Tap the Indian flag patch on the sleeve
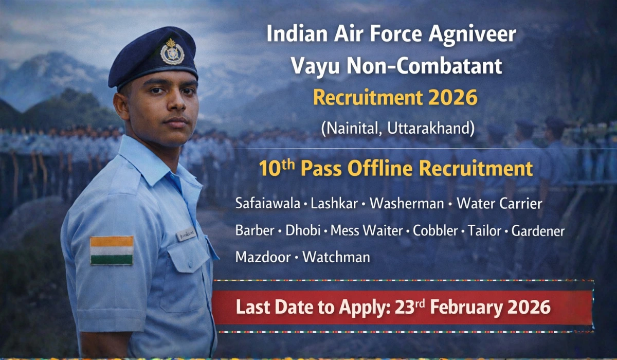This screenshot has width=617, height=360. (x=112, y=250)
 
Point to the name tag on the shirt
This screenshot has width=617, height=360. (x=186, y=235)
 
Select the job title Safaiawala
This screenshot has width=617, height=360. (x=267, y=204)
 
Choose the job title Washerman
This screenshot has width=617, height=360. (x=406, y=204)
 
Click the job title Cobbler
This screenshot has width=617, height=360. (x=435, y=230)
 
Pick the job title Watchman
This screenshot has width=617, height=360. (x=336, y=257)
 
